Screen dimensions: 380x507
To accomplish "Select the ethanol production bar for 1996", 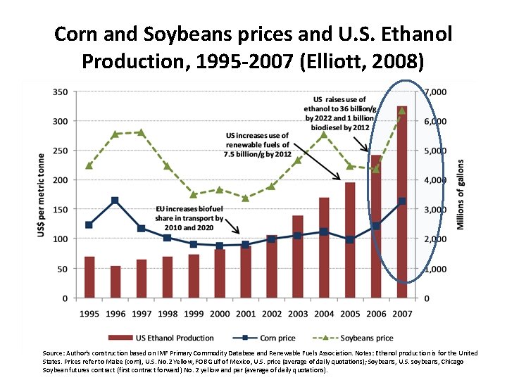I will click(115, 281).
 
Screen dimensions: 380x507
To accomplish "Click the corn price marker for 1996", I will click(115, 201).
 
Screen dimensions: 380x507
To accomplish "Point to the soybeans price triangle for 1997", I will click(142, 132).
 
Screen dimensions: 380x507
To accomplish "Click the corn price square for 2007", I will click(401, 201).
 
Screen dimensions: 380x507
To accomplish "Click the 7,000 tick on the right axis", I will click(434, 92).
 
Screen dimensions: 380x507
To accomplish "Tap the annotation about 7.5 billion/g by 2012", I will click(257, 144).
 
